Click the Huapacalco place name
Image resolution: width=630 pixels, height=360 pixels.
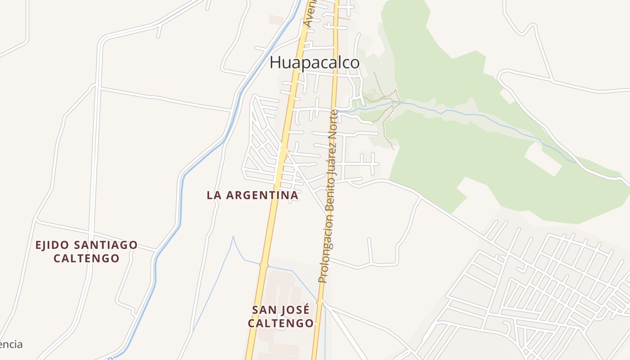coord(315,63)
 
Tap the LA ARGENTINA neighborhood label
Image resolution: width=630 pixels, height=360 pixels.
coord(252,195)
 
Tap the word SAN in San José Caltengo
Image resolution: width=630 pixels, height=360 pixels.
coord(264,310)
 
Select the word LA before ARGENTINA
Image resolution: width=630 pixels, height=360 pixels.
coord(214,195)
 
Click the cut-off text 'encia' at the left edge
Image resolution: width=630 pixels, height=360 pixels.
coord(11,345)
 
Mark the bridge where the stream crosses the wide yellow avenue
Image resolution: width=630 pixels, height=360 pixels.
coord(264,265)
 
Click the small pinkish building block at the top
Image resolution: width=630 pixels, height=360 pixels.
coord(276,20)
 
